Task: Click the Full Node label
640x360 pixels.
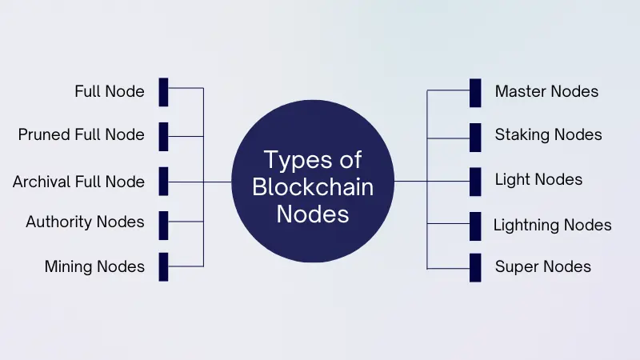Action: coord(110,91)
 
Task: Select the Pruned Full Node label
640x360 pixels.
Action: coord(82,134)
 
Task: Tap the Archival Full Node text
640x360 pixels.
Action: coord(78,182)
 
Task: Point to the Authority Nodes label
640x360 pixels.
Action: coord(85,222)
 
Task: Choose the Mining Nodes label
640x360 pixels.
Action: coord(94,266)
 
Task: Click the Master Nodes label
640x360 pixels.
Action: coord(546,91)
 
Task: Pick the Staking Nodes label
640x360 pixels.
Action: coord(548,134)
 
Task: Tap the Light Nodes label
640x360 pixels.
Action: coord(538,179)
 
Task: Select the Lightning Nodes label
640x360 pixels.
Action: coord(552,225)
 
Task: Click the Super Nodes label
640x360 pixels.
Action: coord(543,266)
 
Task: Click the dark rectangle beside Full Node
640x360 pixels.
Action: coord(163,92)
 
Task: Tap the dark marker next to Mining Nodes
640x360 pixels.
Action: coord(163,266)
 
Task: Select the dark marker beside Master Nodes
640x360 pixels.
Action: coord(475,92)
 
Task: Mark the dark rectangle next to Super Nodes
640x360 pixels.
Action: coord(475,266)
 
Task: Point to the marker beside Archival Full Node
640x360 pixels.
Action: coord(163,181)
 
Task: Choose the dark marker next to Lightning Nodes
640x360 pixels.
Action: coord(475,225)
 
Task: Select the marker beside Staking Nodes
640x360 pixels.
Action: coord(475,136)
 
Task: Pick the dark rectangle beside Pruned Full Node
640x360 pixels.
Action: coord(163,136)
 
